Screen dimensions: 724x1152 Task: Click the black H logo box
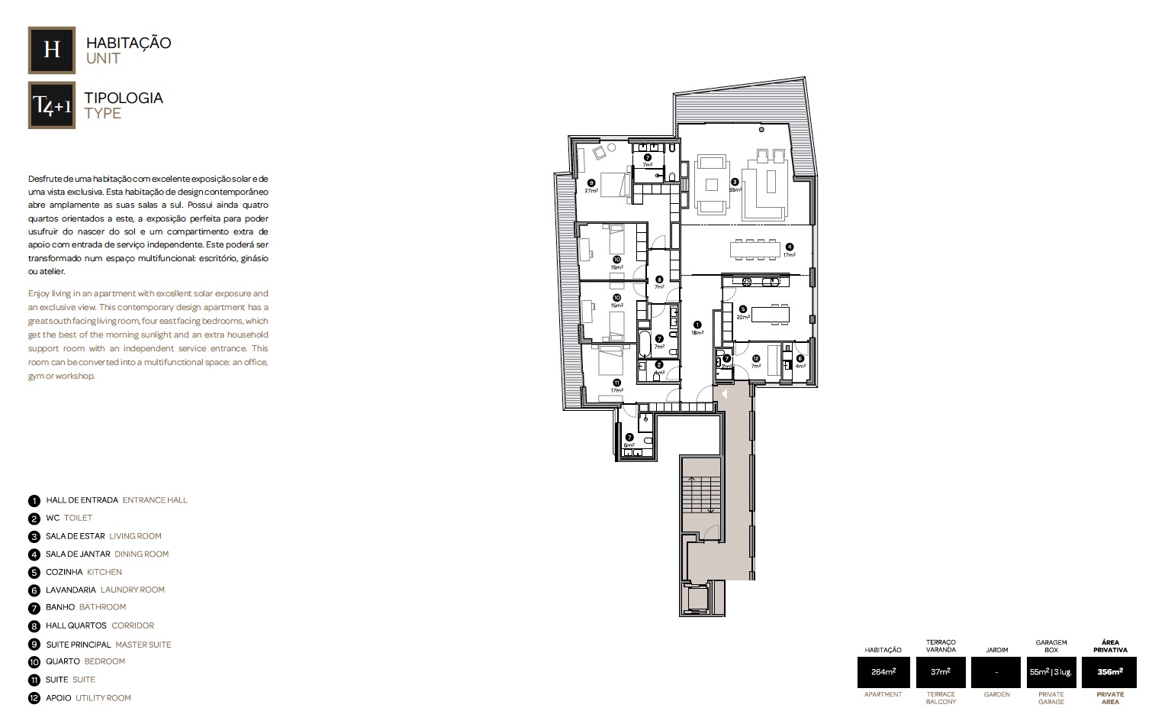[x=51, y=50]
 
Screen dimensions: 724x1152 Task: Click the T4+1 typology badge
[x=51, y=105]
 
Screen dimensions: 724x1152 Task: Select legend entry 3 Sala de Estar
[x=103, y=536]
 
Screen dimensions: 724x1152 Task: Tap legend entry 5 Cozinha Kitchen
[x=83, y=572]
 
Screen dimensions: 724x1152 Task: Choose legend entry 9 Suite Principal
[x=108, y=645]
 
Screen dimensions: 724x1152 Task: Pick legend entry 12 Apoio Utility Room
[x=88, y=698]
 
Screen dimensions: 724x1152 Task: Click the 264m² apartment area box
[x=883, y=672]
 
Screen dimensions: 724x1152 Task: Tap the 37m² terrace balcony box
[x=940, y=672]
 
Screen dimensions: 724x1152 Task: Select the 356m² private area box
[x=1109, y=672]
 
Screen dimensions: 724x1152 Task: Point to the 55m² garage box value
[x=1051, y=672]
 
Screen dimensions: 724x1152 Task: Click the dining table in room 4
[x=755, y=248]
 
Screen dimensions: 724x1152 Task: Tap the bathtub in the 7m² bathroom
[x=645, y=344]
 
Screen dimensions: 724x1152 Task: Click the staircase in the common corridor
[x=700, y=494]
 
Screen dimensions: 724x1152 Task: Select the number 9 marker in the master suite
[x=591, y=183]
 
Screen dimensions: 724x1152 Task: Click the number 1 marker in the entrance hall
[x=697, y=325]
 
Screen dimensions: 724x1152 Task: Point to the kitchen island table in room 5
[x=771, y=314]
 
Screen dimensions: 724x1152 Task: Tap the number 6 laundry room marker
[x=800, y=358]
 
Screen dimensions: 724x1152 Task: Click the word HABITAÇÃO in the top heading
[x=128, y=43]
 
